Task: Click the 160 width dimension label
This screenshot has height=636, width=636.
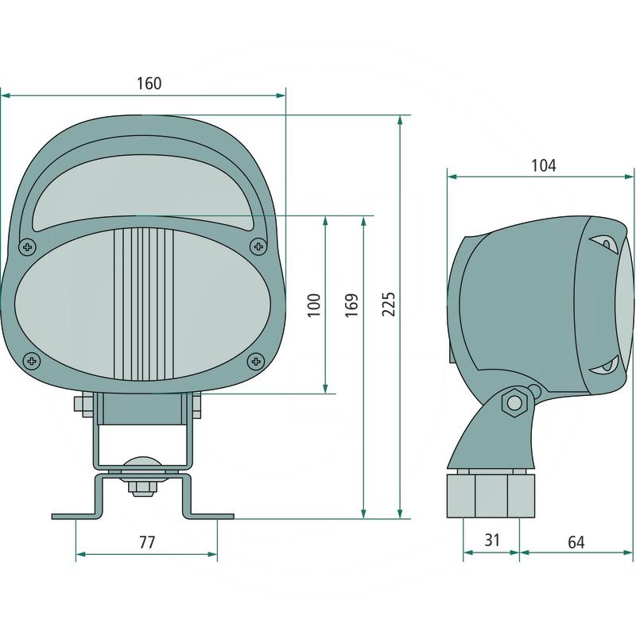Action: tap(149, 83)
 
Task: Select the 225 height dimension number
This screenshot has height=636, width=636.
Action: tap(388, 304)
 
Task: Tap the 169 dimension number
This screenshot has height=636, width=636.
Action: tap(351, 304)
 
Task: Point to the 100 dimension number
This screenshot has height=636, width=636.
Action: tap(314, 304)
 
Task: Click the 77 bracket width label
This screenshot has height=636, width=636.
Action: tap(147, 542)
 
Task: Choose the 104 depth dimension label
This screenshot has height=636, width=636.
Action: tap(544, 165)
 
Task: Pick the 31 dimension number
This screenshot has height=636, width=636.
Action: tap(491, 541)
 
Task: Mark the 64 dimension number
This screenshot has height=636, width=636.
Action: tap(576, 542)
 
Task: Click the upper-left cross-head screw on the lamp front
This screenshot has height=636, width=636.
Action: tap(28, 246)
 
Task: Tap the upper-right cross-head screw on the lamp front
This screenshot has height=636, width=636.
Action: tap(258, 246)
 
